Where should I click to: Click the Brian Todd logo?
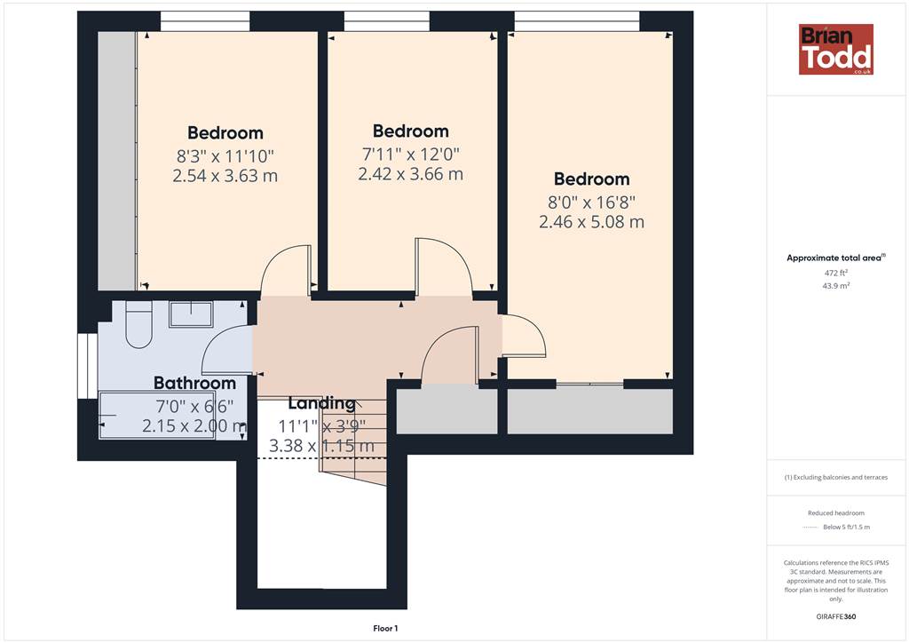click(836, 49)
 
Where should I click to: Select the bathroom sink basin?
click(192, 314)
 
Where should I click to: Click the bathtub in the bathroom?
click(158, 415)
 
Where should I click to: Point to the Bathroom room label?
click(194, 384)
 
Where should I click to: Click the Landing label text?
click(321, 403)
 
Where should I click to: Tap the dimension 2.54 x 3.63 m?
click(225, 176)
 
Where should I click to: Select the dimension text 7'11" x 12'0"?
click(410, 155)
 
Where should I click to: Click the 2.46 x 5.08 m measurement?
click(591, 221)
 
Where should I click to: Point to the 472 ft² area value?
click(836, 273)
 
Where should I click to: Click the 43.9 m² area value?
click(836, 286)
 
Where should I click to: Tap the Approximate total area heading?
click(836, 258)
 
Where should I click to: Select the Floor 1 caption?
click(385, 629)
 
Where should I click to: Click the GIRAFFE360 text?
click(836, 616)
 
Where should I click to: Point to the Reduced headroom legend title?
click(836, 513)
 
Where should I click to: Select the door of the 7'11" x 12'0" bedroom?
click(443, 264)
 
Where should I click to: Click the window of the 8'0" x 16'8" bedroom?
click(577, 21)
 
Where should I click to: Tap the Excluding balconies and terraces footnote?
click(836, 478)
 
